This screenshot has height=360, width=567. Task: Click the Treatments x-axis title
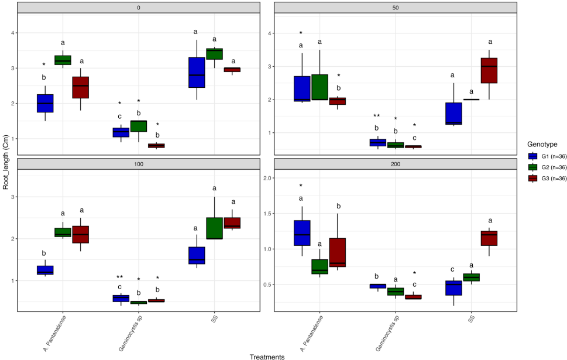(267, 356)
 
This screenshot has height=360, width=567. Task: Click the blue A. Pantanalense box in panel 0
(45, 103)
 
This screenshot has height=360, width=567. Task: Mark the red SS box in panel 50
(489, 70)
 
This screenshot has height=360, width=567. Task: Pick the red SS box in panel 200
(489, 238)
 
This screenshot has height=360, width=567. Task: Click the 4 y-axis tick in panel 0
(10, 33)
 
